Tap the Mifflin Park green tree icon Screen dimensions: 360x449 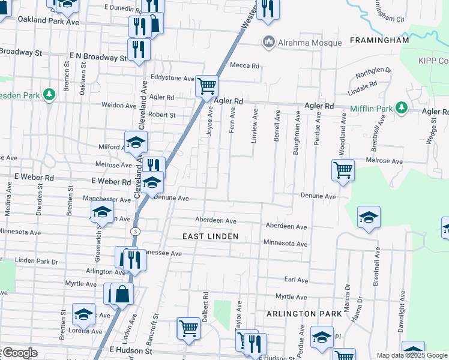click(x=401, y=109)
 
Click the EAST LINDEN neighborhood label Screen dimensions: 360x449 click(x=211, y=237)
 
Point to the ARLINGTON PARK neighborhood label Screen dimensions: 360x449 click(x=295, y=314)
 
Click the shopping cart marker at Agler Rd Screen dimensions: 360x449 click(x=206, y=86)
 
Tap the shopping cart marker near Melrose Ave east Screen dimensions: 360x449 click(x=343, y=170)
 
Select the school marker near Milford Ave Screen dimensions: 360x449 click(x=136, y=143)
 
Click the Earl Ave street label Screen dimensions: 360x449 click(x=296, y=280)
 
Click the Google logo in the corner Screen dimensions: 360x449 click(x=19, y=353)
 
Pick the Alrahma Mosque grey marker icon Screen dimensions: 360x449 click(x=268, y=43)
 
